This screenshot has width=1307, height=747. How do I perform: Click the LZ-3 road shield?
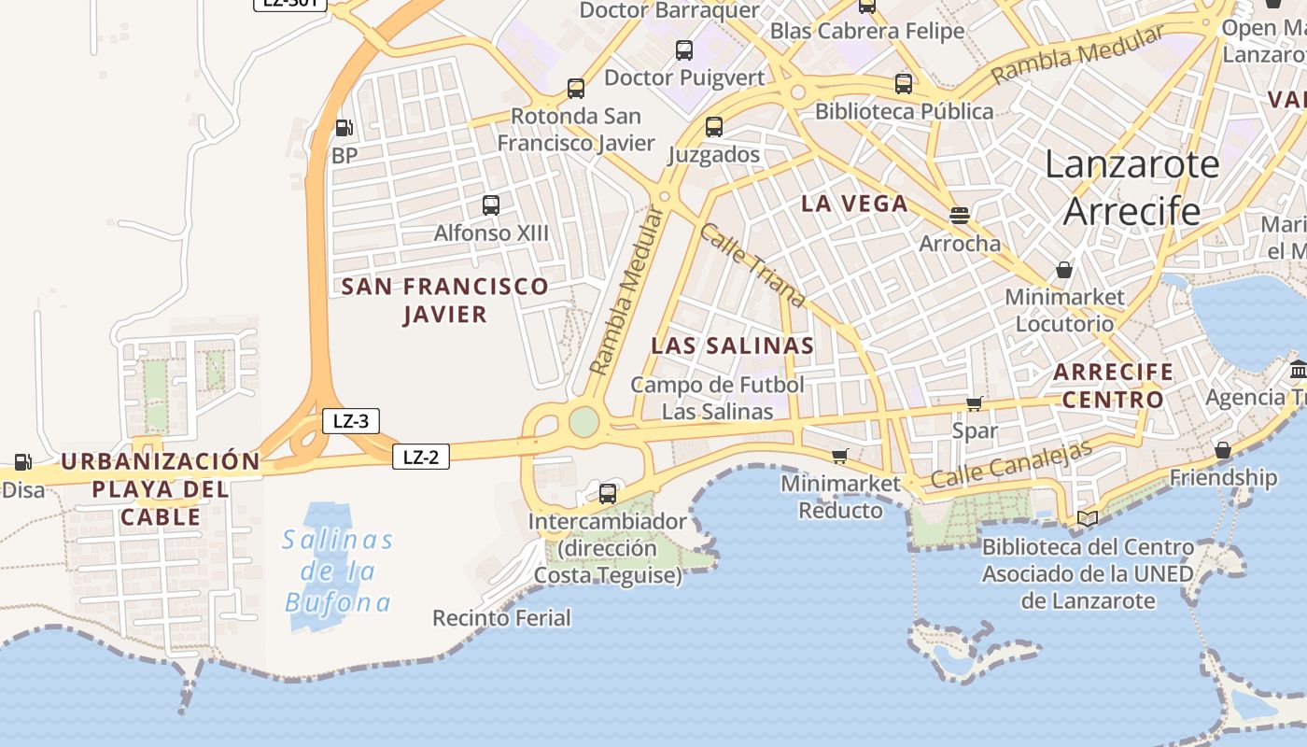350,421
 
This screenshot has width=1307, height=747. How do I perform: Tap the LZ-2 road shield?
420,457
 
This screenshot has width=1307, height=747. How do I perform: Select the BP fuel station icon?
344,128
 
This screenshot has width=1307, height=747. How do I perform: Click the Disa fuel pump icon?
22,461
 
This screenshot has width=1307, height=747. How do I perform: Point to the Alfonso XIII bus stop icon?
491,205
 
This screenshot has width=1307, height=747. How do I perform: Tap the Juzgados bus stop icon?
714,127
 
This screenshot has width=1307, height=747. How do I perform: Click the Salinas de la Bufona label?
338,571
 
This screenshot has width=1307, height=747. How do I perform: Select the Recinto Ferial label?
501,617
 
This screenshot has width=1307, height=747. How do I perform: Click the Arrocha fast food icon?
959,216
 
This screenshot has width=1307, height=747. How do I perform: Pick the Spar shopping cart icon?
975,403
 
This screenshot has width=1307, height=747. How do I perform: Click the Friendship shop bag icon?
1223,450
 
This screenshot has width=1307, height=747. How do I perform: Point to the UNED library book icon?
1088,518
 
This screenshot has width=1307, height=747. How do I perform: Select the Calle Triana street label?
752,265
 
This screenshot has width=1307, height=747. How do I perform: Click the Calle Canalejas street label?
1011,465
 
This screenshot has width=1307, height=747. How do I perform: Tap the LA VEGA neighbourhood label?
854,204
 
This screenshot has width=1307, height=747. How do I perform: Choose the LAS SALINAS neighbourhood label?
732,345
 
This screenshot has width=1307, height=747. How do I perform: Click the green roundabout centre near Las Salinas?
584,422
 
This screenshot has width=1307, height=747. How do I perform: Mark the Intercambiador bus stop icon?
608,493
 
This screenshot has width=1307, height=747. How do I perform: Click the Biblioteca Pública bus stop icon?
904,84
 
